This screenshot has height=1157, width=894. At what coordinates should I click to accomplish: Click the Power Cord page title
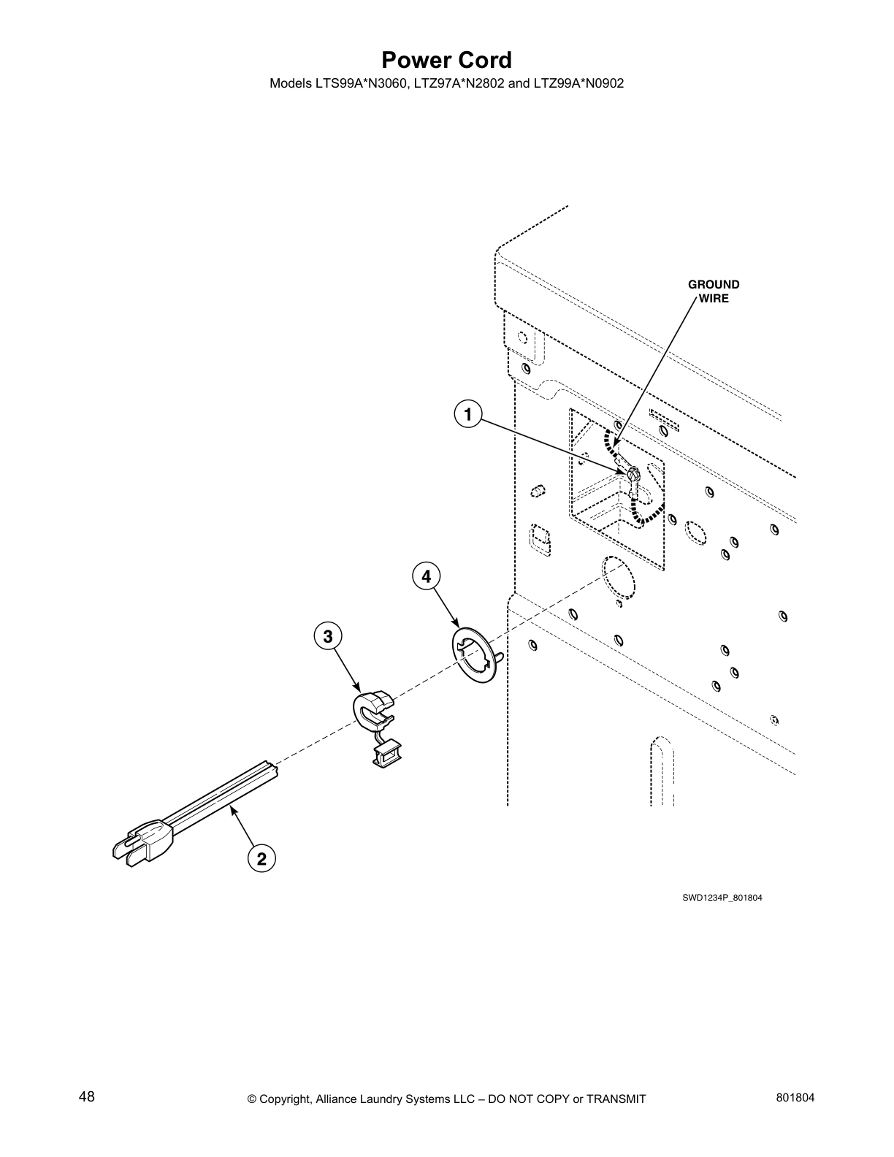[x=446, y=59]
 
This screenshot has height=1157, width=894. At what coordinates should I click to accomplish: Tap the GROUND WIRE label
[x=713, y=291]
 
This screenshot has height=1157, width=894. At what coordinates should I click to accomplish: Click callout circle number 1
[x=467, y=414]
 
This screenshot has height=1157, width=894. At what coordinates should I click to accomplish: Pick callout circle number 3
[x=328, y=636]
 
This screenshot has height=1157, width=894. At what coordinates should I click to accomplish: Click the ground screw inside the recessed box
[x=633, y=475]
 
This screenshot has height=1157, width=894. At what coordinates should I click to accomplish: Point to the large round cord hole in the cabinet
[x=619, y=579]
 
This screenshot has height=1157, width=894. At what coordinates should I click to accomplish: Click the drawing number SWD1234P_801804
[x=722, y=898]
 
